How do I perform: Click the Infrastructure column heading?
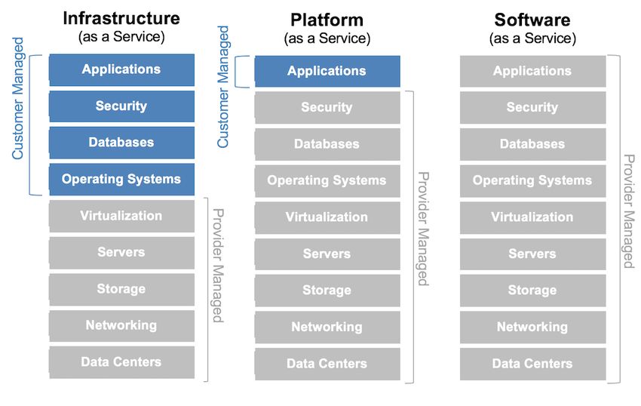click(x=121, y=18)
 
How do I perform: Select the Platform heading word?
click(x=327, y=20)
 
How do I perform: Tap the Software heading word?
click(x=532, y=20)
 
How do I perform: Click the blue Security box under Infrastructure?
click(x=122, y=106)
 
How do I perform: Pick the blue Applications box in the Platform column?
click(x=327, y=71)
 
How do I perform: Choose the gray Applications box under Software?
click(x=532, y=71)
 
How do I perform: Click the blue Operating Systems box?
click(x=122, y=180)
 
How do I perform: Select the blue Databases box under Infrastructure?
click(x=122, y=143)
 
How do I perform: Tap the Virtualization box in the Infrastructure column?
click(x=122, y=216)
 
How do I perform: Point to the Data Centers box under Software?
click(x=532, y=364)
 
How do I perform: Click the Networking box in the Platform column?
click(x=327, y=327)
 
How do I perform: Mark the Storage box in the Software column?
click(x=532, y=291)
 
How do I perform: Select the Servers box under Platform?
click(x=327, y=254)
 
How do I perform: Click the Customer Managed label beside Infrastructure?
click(x=17, y=98)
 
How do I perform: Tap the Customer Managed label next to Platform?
click(x=222, y=87)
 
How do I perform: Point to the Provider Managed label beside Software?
click(x=629, y=211)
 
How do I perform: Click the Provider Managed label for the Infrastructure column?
click(x=218, y=266)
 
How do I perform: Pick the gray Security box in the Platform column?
click(x=327, y=108)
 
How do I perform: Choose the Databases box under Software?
click(x=532, y=144)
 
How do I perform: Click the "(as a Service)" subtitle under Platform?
click(x=327, y=38)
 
